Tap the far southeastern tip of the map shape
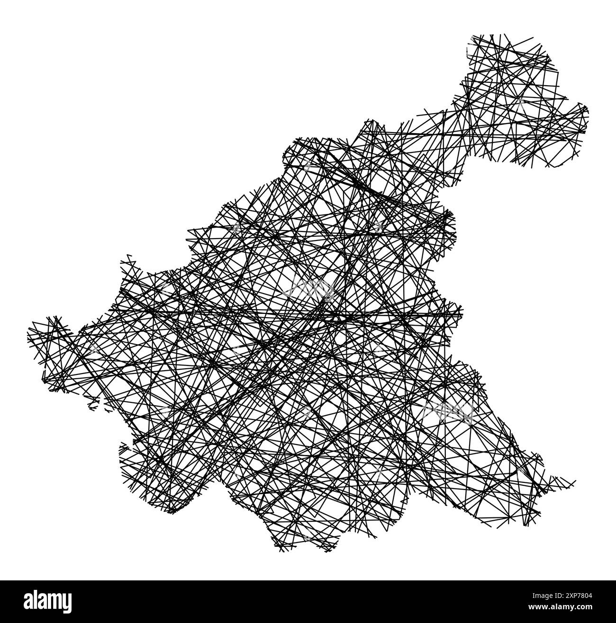(575, 482)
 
